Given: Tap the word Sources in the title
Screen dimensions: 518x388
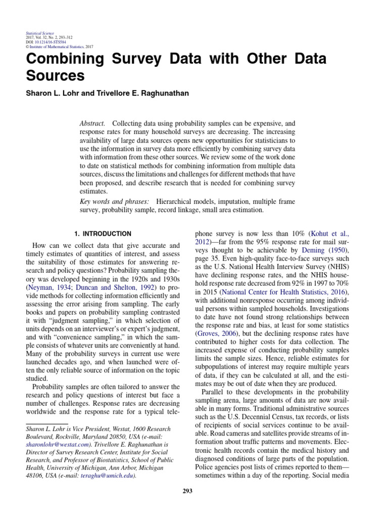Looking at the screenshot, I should click(55, 76).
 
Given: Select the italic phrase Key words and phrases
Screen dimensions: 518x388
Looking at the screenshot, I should click(114, 202).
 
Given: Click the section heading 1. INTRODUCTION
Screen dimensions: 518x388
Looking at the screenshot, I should click(103, 234).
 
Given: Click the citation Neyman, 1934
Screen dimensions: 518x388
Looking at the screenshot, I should click(48, 287).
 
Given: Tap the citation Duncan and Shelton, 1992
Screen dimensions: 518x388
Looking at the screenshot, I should click(113, 287).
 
